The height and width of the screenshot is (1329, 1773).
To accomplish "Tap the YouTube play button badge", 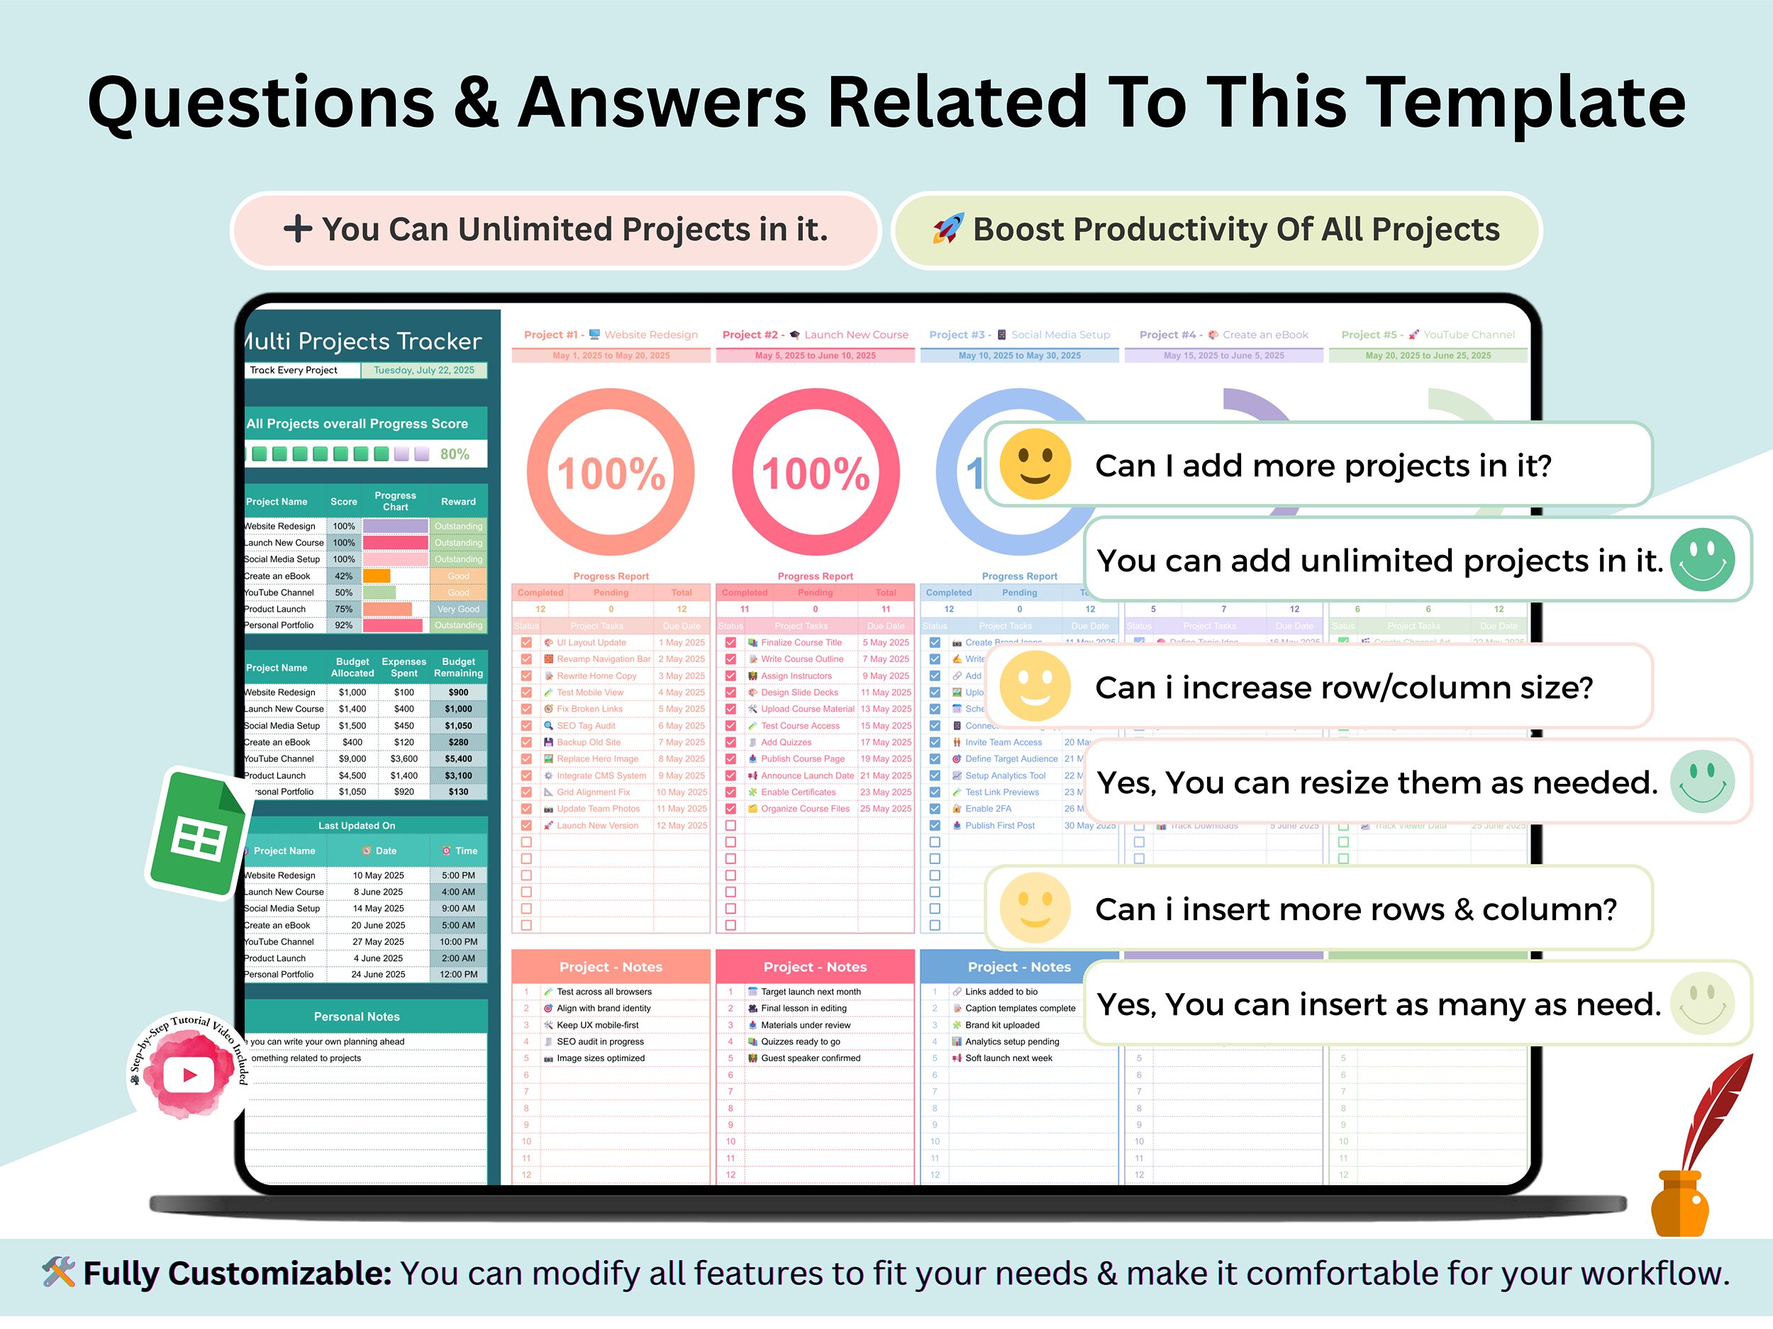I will click(189, 1073).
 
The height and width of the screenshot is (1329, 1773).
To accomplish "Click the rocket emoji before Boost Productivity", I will click(947, 229).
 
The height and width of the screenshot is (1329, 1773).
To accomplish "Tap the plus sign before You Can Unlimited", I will click(297, 229).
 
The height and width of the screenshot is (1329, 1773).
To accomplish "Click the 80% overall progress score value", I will click(455, 454).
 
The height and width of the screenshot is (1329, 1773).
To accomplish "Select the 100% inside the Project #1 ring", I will click(611, 473).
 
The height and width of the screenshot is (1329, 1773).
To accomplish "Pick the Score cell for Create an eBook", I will click(344, 576).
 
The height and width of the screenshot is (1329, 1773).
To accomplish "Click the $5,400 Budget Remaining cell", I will click(458, 758).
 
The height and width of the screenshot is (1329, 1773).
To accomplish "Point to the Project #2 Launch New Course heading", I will click(815, 335).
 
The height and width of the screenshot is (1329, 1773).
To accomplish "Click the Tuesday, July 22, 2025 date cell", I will click(423, 370).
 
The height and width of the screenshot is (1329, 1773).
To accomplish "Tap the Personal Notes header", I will click(357, 1016).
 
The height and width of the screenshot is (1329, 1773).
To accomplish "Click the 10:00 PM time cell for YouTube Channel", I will click(458, 942).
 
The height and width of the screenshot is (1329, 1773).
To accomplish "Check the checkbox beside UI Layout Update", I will click(526, 642).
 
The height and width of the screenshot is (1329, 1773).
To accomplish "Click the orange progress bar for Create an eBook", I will click(377, 576).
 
